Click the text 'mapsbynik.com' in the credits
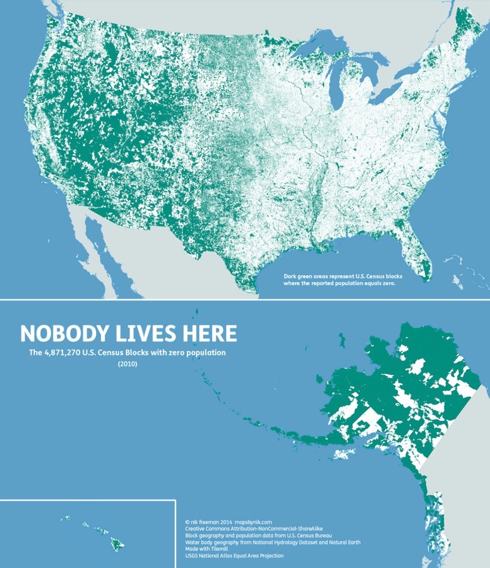(253, 522)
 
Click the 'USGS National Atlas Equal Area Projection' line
(234, 556)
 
